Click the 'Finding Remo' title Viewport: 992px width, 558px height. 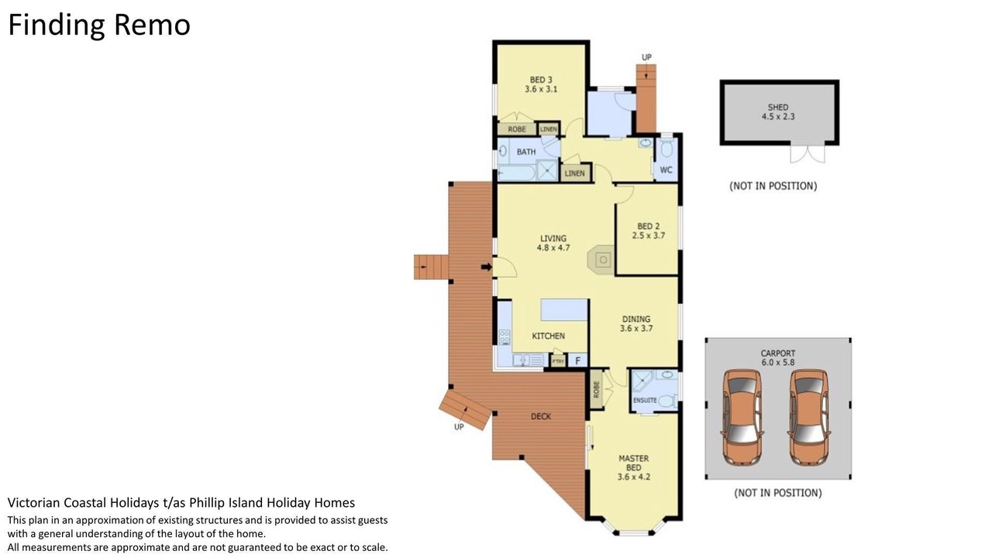pos(99,25)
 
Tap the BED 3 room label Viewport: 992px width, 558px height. pos(541,80)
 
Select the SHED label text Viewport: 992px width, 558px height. pos(778,107)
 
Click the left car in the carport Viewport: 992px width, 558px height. pos(743,417)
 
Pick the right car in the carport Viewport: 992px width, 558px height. pos(809,417)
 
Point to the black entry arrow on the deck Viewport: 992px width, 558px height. pos(486,267)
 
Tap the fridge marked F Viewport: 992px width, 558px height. pos(578,360)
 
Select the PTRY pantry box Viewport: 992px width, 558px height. pos(558,361)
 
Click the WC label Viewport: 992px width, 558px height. pos(666,170)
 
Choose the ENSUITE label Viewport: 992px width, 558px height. pos(645,401)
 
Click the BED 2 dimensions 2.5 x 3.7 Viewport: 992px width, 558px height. pos(649,236)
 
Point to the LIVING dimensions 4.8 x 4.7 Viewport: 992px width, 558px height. pos(553,247)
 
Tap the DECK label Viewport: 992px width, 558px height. pos(541,416)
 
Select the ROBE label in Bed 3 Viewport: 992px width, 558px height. pos(517,129)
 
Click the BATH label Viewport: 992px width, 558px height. pos(526,152)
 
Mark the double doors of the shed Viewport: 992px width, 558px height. pos(808,153)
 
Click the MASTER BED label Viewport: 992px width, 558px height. pos(634,463)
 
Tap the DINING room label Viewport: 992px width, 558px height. pos(636,319)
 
